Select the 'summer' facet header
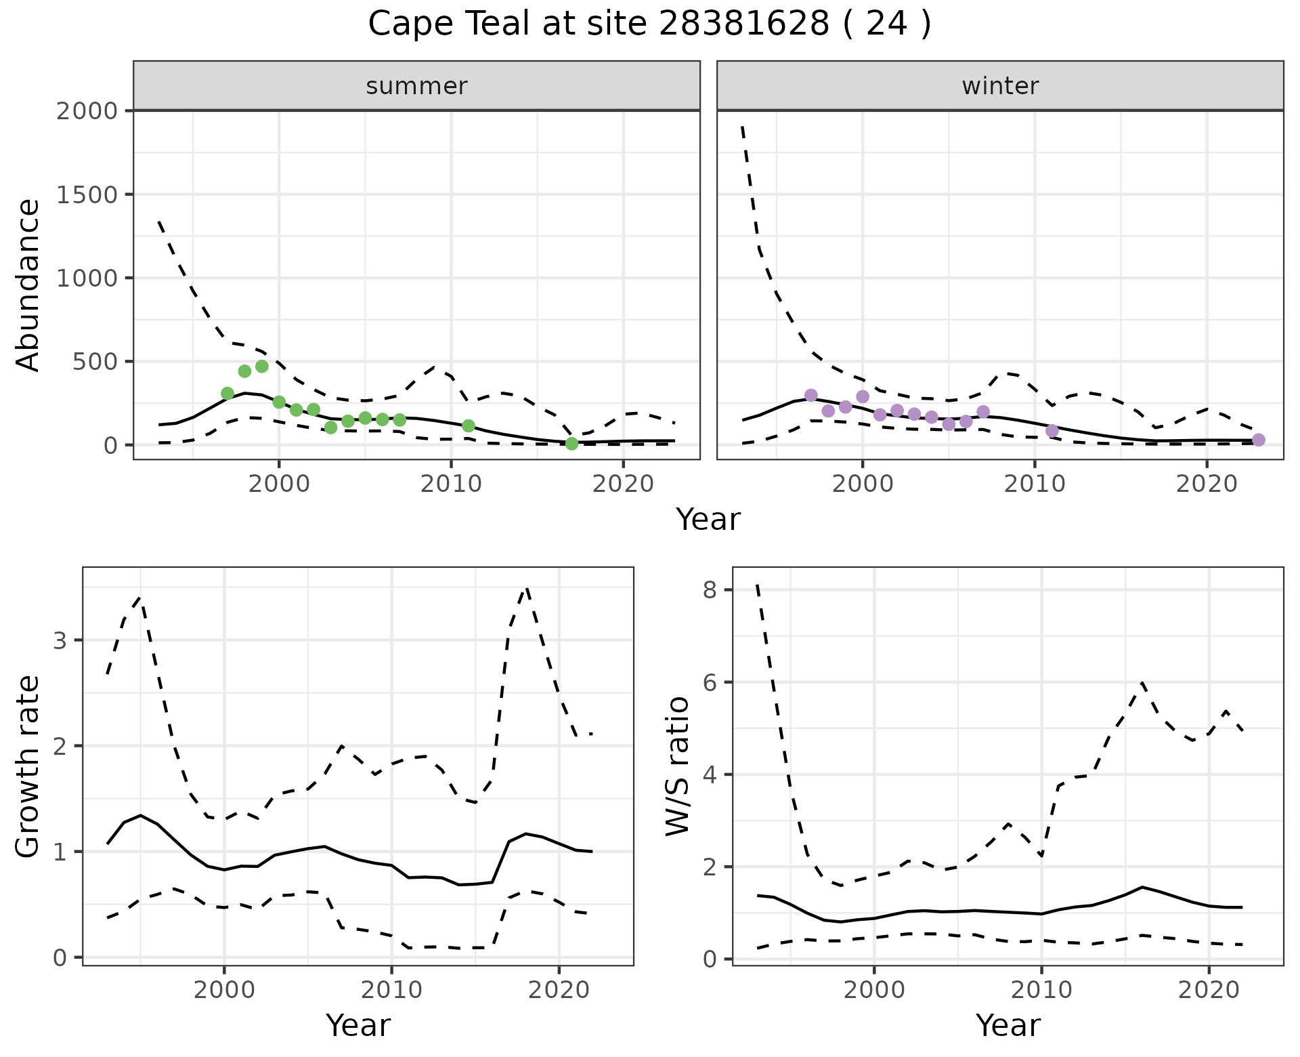416,86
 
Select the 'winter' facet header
1000,86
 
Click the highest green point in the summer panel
262,367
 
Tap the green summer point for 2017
571,444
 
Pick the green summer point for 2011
469,426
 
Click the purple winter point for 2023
1259,440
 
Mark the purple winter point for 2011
1052,431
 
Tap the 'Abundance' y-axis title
28,285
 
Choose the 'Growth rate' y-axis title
28,767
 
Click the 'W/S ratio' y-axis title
677,767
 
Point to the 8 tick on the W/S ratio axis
709,590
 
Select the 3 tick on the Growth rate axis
60,641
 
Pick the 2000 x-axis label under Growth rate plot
224,991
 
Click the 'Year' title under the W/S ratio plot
1007,1026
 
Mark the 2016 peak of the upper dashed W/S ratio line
1142,683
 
